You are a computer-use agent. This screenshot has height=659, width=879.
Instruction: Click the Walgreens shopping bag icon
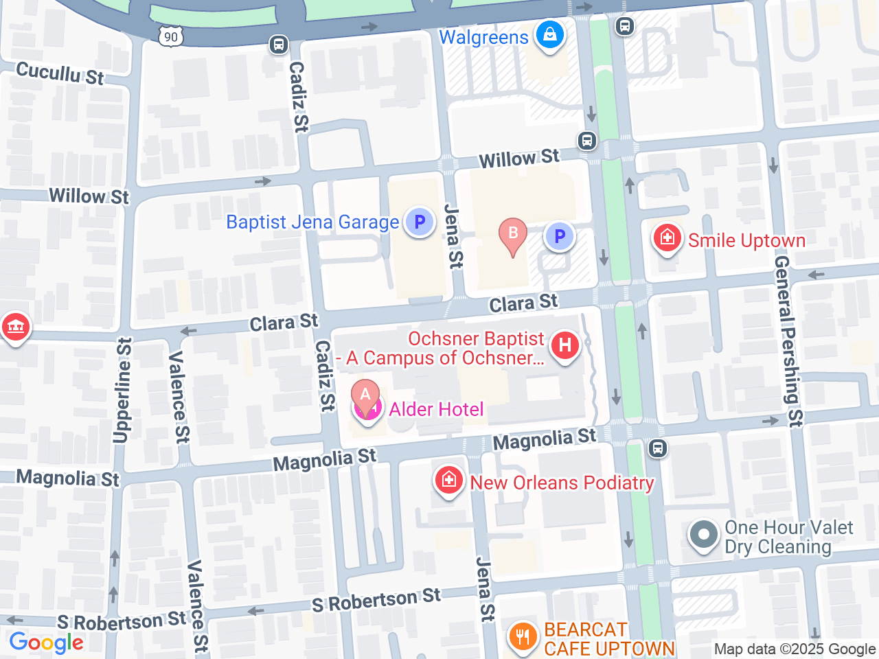click(549, 34)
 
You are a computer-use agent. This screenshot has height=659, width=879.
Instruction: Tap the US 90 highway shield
click(171, 37)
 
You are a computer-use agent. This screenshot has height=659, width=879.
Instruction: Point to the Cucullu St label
click(60, 73)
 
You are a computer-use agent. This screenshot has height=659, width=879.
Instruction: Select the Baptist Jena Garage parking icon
click(419, 222)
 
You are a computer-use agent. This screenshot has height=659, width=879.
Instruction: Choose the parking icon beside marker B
click(560, 237)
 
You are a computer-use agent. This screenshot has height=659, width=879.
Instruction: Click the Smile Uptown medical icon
click(667, 238)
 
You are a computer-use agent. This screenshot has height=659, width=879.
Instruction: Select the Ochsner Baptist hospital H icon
click(565, 345)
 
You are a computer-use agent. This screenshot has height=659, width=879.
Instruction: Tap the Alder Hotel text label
click(436, 410)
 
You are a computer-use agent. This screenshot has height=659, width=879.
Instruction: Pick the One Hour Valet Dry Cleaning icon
click(703, 535)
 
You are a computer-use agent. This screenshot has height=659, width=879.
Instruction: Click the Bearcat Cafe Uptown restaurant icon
click(523, 636)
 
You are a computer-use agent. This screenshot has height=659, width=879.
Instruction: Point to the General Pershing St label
click(788, 341)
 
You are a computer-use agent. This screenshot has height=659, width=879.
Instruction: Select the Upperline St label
click(122, 391)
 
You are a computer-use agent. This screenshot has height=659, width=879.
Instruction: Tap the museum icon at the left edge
click(14, 326)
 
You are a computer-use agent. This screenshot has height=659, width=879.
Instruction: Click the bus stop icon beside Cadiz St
click(278, 45)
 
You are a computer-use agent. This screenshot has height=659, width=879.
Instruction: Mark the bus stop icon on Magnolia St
click(657, 449)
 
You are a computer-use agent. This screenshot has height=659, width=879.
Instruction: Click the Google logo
click(46, 643)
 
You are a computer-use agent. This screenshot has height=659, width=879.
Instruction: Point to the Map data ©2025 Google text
click(795, 649)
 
